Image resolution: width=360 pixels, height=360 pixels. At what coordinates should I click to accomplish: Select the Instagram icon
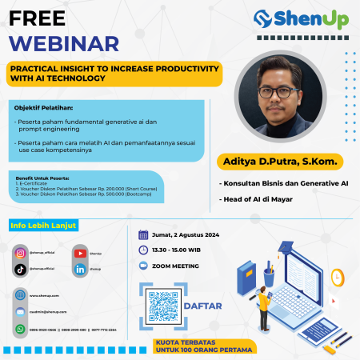[21, 253]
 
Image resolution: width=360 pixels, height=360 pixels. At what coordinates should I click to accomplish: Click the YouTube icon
[81, 253]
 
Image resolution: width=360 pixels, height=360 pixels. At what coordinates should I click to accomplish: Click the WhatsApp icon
[21, 328]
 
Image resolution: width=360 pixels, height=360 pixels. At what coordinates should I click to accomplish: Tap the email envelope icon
[21, 311]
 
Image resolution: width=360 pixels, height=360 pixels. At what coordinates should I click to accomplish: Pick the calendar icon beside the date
[143, 234]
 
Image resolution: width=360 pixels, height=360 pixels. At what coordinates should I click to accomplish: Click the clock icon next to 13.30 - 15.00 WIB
[143, 250]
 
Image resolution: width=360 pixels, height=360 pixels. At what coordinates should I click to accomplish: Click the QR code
[162, 305]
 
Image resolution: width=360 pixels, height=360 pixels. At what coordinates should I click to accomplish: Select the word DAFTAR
[203, 305]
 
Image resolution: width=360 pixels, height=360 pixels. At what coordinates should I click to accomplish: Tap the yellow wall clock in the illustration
[337, 277]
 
